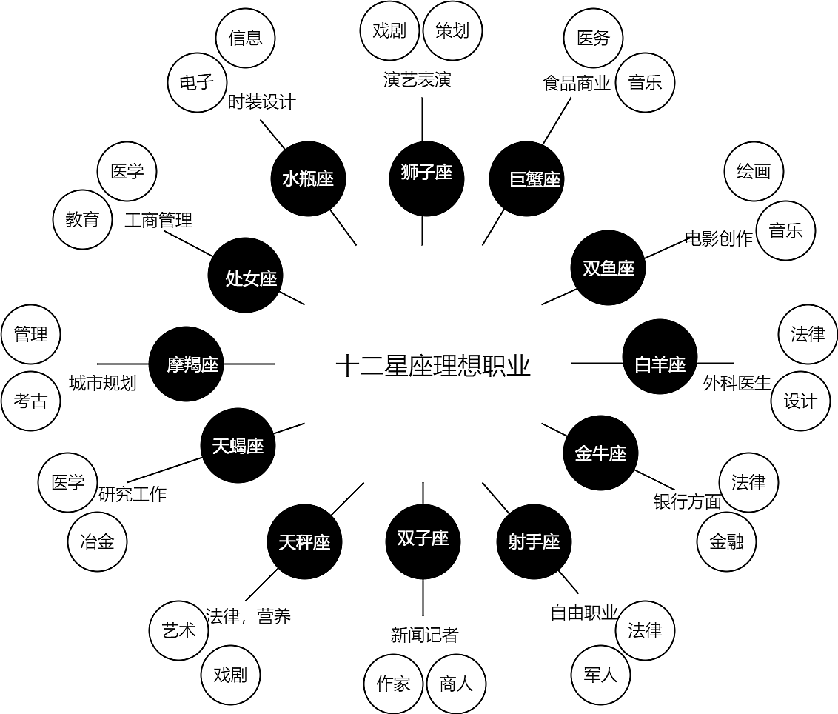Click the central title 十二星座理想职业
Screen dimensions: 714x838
tap(433, 366)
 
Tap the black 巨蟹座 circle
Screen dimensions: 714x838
tap(526, 179)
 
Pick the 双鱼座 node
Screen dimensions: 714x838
tap(609, 268)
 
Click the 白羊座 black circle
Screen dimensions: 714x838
tap(660, 364)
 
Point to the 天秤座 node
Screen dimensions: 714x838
tap(304, 542)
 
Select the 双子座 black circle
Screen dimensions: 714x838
tap(423, 538)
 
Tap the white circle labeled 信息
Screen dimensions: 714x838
tap(245, 39)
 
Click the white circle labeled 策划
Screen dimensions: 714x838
tap(452, 31)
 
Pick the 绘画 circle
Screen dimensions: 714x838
tap(754, 172)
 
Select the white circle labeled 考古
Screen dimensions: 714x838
tap(30, 401)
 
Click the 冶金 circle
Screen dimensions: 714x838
tap(97, 541)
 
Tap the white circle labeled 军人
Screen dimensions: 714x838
tap(600, 675)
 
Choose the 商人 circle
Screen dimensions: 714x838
tap(456, 684)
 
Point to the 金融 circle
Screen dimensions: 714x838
tap(726, 541)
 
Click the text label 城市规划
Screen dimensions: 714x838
tap(103, 383)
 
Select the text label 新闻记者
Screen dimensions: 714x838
tap(424, 634)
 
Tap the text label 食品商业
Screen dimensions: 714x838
tap(577, 83)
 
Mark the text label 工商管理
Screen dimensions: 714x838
tap(158, 220)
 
